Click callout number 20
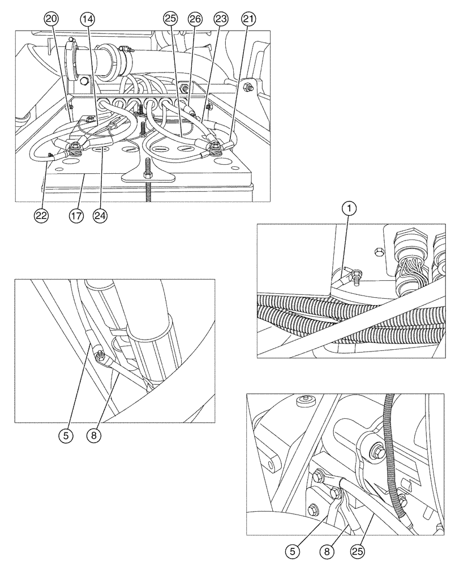51,19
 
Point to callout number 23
221,19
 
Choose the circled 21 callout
247,19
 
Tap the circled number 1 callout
351,209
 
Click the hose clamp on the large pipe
74,46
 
